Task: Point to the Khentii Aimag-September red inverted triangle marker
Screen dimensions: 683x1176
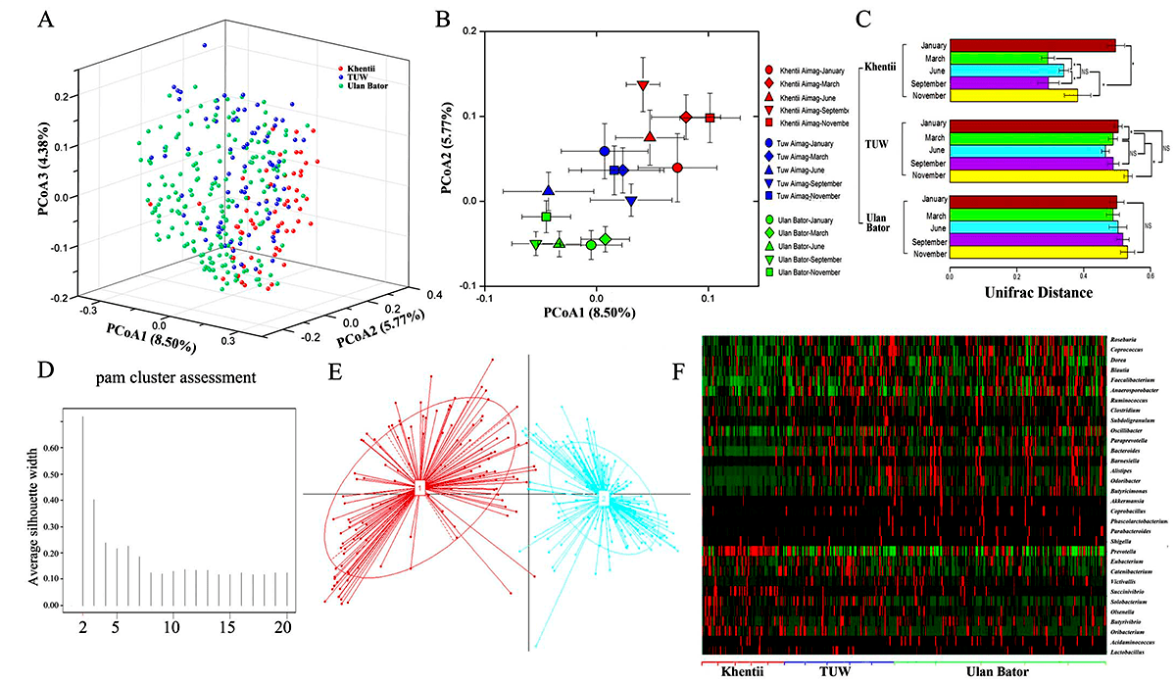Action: click(x=643, y=85)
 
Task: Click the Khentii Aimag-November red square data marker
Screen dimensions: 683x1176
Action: click(x=710, y=118)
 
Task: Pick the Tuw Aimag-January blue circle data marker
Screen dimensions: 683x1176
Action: click(x=605, y=151)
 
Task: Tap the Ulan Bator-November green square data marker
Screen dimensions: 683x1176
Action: click(x=547, y=217)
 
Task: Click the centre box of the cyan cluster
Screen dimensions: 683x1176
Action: click(x=604, y=499)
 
